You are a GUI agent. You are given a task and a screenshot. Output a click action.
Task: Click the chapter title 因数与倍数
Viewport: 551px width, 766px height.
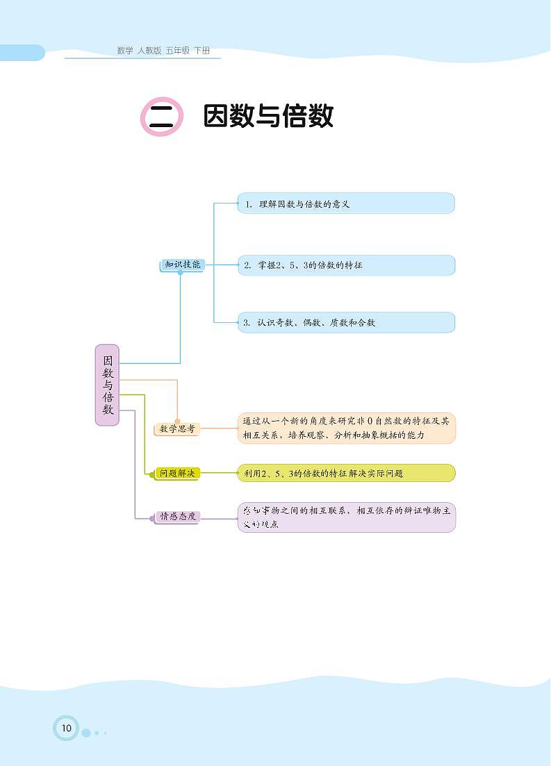click(268, 117)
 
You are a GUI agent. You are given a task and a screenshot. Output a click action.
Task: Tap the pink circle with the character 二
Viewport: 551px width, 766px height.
click(162, 117)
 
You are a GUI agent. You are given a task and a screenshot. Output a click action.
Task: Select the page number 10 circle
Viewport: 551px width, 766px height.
click(66, 728)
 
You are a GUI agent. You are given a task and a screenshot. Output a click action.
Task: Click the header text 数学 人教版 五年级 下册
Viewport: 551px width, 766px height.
click(163, 51)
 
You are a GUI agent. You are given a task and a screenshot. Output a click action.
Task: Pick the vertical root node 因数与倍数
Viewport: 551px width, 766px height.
click(108, 385)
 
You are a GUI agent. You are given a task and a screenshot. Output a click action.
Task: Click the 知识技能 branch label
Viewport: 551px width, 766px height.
click(182, 265)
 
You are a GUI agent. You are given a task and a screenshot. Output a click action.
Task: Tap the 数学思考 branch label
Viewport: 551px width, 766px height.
click(177, 429)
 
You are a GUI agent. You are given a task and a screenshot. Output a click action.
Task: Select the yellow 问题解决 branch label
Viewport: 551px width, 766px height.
click(177, 474)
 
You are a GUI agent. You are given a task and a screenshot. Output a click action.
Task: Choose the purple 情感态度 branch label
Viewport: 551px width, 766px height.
click(178, 517)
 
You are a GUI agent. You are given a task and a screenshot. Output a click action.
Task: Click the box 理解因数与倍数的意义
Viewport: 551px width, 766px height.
click(346, 203)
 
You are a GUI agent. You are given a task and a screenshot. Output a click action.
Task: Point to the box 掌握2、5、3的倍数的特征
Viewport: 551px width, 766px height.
click(346, 265)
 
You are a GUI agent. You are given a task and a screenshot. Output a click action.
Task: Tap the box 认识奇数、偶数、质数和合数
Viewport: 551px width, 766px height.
click(346, 322)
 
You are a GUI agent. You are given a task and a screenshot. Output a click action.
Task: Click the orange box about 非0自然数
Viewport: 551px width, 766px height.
click(346, 428)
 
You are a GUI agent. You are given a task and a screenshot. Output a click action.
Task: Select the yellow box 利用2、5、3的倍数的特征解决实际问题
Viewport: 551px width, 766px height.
click(346, 474)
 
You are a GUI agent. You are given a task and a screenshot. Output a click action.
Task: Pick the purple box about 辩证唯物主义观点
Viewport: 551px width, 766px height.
click(346, 517)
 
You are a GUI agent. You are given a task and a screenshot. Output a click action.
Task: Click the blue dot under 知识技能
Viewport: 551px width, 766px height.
click(181, 273)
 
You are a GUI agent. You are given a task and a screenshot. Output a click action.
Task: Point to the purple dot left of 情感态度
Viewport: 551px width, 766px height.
click(152, 517)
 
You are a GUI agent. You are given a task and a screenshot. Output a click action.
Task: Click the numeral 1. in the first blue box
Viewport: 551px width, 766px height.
click(247, 204)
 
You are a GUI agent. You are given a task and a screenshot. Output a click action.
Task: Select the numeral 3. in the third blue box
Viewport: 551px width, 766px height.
click(247, 323)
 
